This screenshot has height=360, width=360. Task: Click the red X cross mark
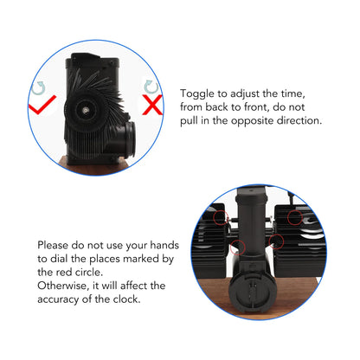[x=152, y=105]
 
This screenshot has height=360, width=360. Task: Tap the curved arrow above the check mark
[x=39, y=88]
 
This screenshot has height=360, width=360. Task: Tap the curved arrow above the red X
[x=151, y=87]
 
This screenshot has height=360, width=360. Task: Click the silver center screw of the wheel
[x=85, y=110]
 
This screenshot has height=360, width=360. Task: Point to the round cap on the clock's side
[x=129, y=139]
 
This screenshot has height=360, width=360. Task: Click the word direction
[x=299, y=120]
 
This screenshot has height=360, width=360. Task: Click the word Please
[x=53, y=245]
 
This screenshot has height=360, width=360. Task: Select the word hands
[x=164, y=245]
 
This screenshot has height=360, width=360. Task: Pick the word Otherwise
[x=63, y=286]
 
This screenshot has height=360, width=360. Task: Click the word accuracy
[x=58, y=299]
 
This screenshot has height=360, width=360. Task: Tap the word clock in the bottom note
[x=126, y=299]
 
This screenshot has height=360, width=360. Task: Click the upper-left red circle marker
[x=221, y=217]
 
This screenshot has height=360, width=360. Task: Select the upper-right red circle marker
[x=295, y=217]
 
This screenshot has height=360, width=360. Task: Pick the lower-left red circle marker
[x=238, y=247]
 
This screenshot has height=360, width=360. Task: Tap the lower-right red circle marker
[x=276, y=241]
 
